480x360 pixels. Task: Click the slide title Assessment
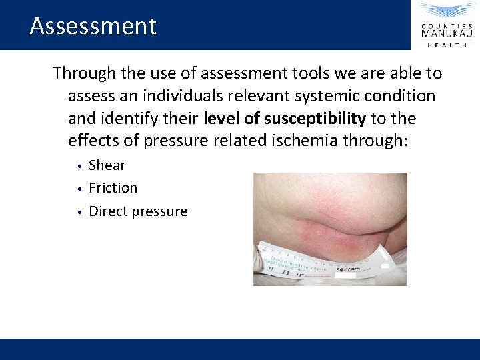coord(93,26)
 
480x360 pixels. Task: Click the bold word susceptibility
coord(315,119)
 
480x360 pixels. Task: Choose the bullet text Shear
coord(107,165)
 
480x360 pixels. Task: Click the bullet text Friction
coord(113,188)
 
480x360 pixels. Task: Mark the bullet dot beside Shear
coord(79,166)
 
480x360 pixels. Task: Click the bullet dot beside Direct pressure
coord(79,212)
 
